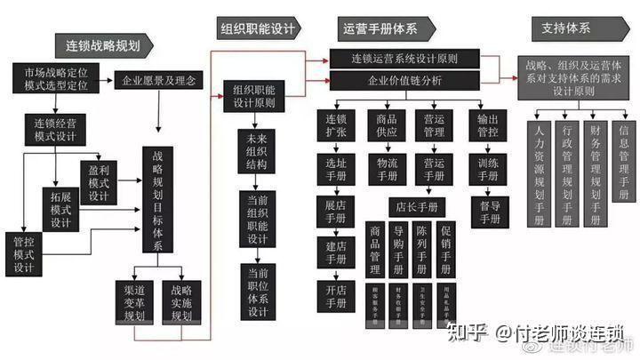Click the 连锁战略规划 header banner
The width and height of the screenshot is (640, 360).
point(102,44)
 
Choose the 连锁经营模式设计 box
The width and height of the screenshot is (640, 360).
point(56,129)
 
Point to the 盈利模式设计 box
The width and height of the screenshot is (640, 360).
point(99,181)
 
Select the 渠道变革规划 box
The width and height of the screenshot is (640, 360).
point(135,302)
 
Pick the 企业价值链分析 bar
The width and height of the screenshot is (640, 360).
point(404,81)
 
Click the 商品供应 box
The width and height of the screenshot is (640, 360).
point(387,126)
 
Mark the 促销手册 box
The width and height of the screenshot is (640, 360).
point(445,250)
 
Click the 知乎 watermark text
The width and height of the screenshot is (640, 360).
point(466,333)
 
